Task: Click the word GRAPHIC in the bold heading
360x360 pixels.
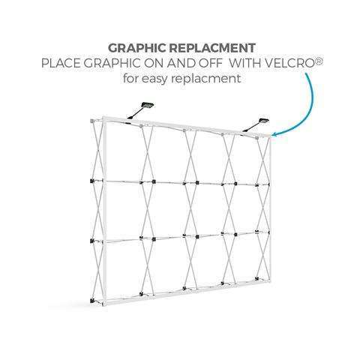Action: coord(137,48)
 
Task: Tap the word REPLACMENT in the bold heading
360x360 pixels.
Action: coord(212,48)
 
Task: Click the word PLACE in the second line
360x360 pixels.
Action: coord(61,63)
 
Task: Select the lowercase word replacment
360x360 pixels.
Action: coord(206,79)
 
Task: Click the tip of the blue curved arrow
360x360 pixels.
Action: coord(271,135)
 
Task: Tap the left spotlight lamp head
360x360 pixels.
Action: coord(148,106)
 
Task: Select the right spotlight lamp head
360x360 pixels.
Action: coord(263,121)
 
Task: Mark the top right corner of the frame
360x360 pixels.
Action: coord(270,136)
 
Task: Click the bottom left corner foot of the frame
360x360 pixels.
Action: coord(93,301)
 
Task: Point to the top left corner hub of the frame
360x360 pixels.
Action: coord(92,121)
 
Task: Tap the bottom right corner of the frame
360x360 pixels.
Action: coord(269,281)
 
